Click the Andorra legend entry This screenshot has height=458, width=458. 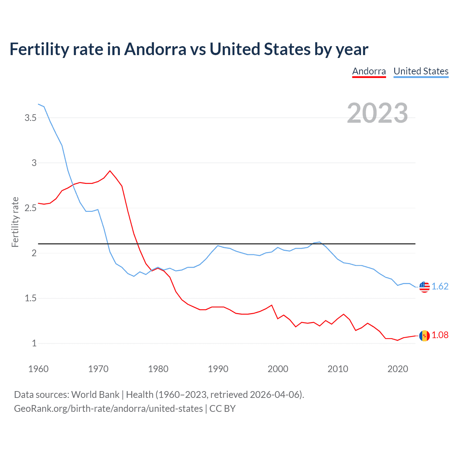[369, 71]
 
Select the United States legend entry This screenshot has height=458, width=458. [421, 71]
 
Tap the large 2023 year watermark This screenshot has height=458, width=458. [377, 113]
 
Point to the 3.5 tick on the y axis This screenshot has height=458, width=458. [30, 118]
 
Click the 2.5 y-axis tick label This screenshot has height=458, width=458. [30, 208]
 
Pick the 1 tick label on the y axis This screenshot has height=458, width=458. [34, 343]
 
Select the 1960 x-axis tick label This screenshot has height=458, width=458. [38, 369]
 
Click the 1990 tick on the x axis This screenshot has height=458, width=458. [218, 369]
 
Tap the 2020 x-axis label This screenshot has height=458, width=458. [398, 369]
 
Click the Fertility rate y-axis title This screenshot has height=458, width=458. [15, 222]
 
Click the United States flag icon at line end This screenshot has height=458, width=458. [424, 287]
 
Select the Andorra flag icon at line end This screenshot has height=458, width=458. [424, 336]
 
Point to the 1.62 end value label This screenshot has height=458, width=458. [440, 286]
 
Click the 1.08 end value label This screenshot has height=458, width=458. [440, 335]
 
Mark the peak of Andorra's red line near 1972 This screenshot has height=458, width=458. [110, 171]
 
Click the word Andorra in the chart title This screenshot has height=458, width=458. [155, 49]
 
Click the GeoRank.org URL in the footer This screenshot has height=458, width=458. [108, 409]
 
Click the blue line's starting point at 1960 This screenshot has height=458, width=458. [38, 104]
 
